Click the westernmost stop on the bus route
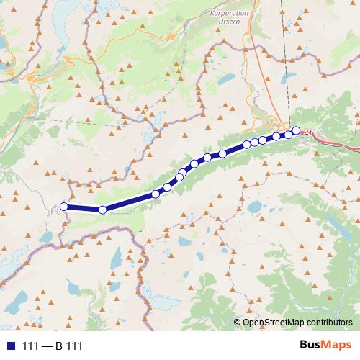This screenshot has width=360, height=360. pos(63,207)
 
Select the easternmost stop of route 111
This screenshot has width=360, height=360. pos(295,130)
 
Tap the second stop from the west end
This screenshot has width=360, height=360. pos(102,210)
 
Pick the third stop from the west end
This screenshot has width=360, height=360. pos(156,194)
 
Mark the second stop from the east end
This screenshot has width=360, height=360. pos(288,135)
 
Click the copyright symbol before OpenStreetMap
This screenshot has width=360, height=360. pos(238,323)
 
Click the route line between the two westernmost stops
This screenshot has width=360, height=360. pos(83,209)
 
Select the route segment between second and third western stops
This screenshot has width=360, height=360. pos(130,202)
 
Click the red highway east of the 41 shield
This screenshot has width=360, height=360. pos(338,140)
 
